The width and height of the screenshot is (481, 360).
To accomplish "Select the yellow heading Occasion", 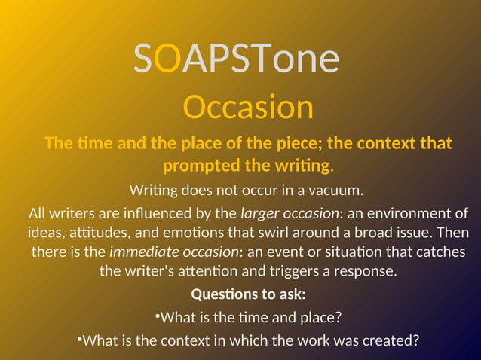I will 248,108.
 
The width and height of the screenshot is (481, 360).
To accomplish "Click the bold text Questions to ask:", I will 248,294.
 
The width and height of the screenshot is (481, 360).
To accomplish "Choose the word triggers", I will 308,270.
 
